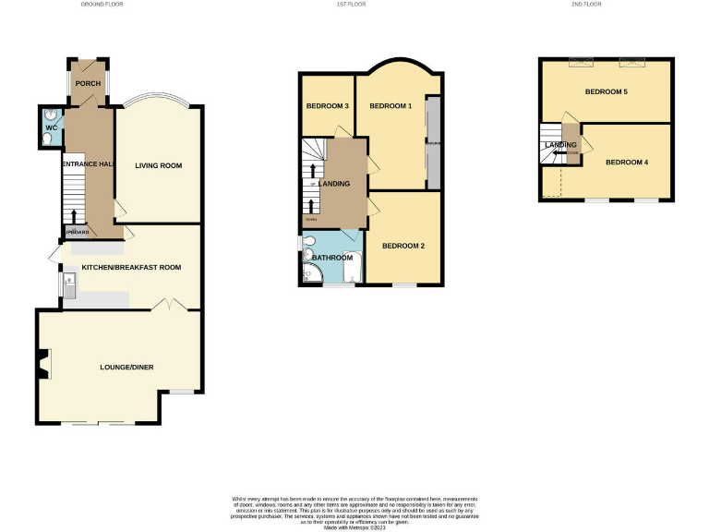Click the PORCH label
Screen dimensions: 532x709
pyautogui.click(x=88, y=84)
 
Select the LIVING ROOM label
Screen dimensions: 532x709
pyautogui.click(x=159, y=166)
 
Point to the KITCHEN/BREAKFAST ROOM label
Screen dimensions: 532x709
pyautogui.click(x=131, y=267)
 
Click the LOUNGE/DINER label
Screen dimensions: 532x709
pyautogui.click(x=126, y=368)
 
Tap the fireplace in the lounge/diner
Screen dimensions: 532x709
pyautogui.click(x=43, y=366)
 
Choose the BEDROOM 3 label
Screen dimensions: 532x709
pyautogui.click(x=327, y=106)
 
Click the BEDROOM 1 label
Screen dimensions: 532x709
pyautogui.click(x=390, y=106)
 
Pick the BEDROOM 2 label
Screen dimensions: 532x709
pyautogui.click(x=403, y=246)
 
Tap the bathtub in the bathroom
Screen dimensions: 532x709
pyautogui.click(x=351, y=266)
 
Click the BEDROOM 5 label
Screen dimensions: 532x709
pyautogui.click(x=606, y=92)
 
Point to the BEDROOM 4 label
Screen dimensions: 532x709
pyautogui.click(x=627, y=163)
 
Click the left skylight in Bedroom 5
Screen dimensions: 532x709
pyautogui.click(x=582, y=63)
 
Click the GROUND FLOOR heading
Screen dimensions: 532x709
pyautogui.click(x=102, y=5)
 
